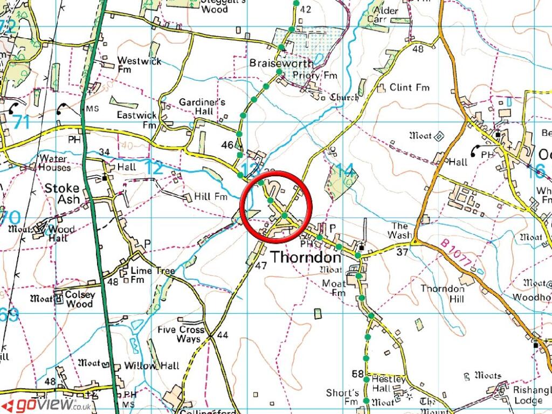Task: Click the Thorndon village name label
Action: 306,257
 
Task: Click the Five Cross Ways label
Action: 182,334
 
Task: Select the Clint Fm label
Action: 409,87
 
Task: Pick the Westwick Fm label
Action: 139,65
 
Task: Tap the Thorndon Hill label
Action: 442,293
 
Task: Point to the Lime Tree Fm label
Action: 152,274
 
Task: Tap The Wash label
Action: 401,230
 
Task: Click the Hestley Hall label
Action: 388,384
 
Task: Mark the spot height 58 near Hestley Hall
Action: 357,374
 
